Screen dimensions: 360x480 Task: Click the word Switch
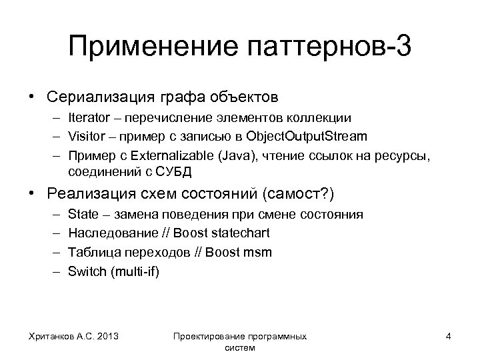click(85, 271)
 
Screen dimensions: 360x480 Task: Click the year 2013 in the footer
click(108, 337)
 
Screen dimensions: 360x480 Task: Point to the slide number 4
click(449, 337)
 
